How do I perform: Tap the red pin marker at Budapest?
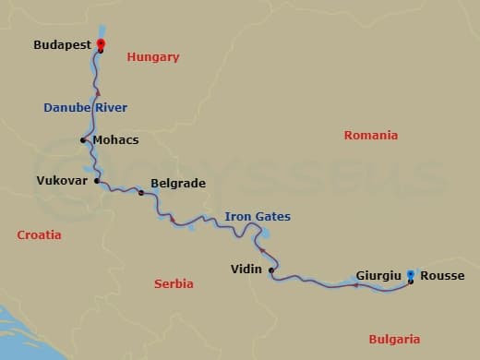click(x=101, y=44)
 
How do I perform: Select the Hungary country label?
click(x=153, y=57)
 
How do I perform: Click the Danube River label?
click(x=85, y=107)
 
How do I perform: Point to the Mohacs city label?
click(x=115, y=140)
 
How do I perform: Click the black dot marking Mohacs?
click(x=84, y=140)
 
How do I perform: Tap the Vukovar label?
click(x=63, y=181)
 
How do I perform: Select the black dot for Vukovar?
click(x=96, y=181)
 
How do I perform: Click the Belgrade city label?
click(x=177, y=184)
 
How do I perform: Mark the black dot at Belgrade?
click(x=140, y=192)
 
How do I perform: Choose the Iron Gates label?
click(x=258, y=217)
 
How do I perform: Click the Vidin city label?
click(x=246, y=270)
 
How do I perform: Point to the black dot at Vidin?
click(x=270, y=270)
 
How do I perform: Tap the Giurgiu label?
click(x=378, y=274)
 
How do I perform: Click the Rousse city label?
click(x=442, y=275)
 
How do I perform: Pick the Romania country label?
click(x=370, y=136)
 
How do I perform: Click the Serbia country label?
click(x=174, y=284)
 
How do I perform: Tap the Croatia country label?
click(x=40, y=235)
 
